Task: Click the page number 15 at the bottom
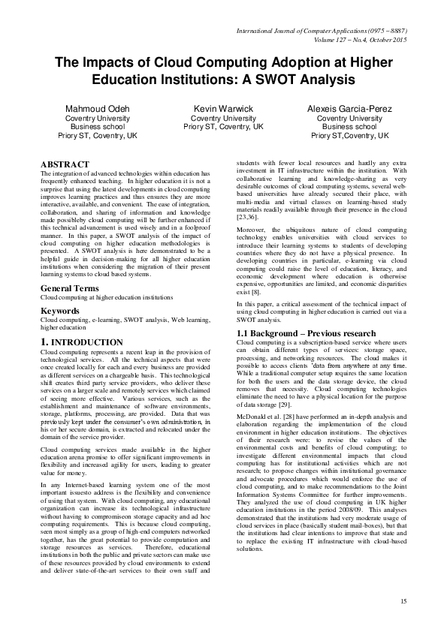click(403, 601)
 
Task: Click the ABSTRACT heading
click(65, 164)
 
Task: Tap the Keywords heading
click(60, 310)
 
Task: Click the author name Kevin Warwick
click(224, 109)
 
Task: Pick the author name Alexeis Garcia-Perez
click(349, 109)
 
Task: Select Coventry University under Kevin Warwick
click(224, 119)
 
